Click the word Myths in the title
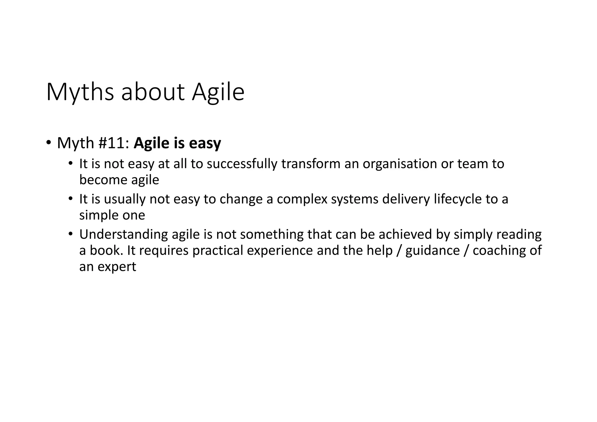click(80, 92)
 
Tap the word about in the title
click(153, 92)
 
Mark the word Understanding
click(123, 235)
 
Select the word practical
click(217, 251)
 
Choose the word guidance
click(432, 251)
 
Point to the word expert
click(117, 267)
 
